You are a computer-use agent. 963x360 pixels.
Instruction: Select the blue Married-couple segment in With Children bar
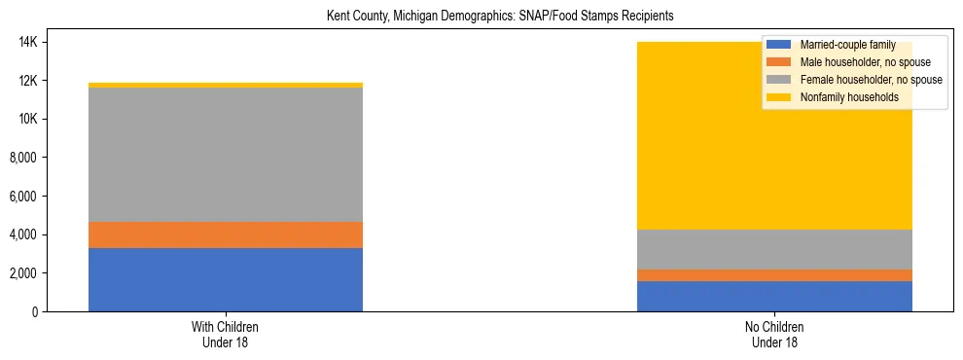pyautogui.click(x=226, y=279)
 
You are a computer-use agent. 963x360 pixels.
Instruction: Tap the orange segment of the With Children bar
pyautogui.click(x=226, y=234)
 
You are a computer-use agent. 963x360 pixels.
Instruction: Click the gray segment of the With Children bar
pyautogui.click(x=226, y=155)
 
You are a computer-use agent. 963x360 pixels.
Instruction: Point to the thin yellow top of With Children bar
pyautogui.click(x=226, y=86)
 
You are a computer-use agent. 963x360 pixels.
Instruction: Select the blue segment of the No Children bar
pyautogui.click(x=774, y=296)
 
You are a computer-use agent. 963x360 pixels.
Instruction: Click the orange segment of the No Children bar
pyautogui.click(x=774, y=275)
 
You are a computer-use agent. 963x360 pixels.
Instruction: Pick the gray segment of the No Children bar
pyautogui.click(x=774, y=249)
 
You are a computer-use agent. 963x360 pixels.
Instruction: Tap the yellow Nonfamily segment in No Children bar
pyautogui.click(x=681, y=136)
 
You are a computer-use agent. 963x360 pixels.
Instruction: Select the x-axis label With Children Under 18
pyautogui.click(x=226, y=334)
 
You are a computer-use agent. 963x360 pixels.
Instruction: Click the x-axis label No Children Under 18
pyautogui.click(x=774, y=334)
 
